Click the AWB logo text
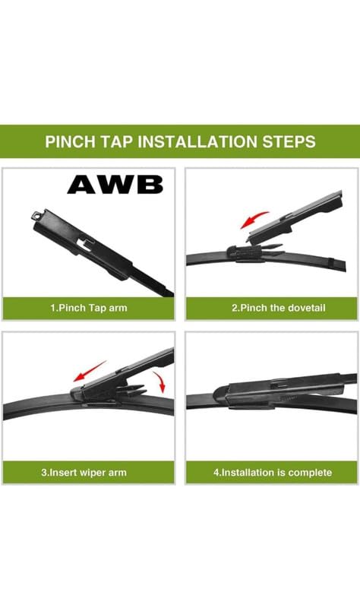tap(115, 184)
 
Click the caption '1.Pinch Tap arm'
tap(89, 308)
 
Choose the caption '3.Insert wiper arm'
tap(89, 472)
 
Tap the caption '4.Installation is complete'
tap(272, 472)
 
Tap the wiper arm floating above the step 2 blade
tap(304, 217)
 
